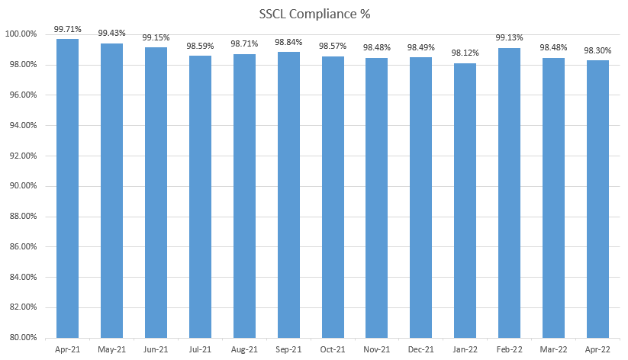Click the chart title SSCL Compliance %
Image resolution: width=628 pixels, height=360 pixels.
pos(314,13)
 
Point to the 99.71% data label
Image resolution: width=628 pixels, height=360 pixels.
pos(67,29)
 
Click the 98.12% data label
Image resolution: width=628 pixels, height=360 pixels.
pos(465,53)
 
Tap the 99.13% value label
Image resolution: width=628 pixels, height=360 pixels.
pos(508,38)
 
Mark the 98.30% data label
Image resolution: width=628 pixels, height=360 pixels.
pos(597,51)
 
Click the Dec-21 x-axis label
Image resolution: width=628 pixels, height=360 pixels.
pos(420,349)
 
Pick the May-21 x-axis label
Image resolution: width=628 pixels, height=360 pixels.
pos(111,349)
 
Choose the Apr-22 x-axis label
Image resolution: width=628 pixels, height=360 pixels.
pos(597,349)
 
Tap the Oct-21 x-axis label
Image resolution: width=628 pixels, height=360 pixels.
pos(332,349)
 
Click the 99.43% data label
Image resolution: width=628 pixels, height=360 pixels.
pos(111,34)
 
